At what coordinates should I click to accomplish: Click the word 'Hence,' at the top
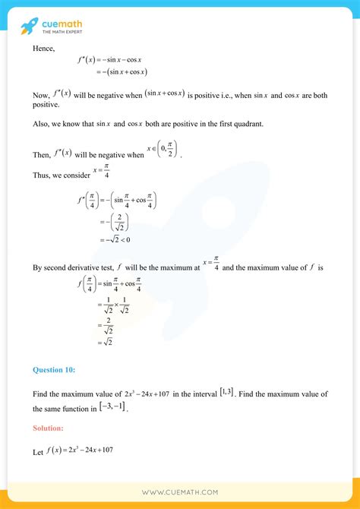[44, 49]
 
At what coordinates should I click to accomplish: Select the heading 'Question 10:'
[54, 370]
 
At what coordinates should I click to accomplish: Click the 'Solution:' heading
[48, 428]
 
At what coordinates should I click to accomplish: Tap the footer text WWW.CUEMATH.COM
[180, 493]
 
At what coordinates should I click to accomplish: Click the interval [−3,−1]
[116, 407]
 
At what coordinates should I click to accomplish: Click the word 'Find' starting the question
[41, 394]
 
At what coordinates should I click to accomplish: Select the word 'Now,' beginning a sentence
[43, 95]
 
